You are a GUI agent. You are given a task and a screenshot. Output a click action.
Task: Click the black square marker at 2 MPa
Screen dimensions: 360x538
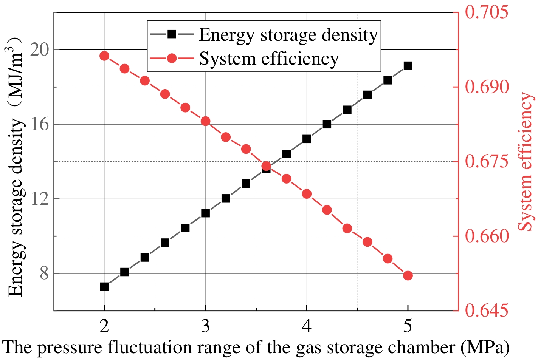(104, 287)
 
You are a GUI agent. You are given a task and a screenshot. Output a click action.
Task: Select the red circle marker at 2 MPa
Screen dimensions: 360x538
(104, 56)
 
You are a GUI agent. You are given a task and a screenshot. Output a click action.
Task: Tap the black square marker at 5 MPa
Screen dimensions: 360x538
(408, 66)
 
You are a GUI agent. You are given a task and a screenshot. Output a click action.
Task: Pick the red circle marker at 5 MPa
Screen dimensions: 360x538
(408, 276)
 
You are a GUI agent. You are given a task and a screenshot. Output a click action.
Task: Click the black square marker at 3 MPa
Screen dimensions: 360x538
(205, 213)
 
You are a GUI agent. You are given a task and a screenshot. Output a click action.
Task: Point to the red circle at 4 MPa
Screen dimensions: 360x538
(307, 194)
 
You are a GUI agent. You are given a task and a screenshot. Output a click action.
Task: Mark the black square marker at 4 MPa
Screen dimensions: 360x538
(307, 139)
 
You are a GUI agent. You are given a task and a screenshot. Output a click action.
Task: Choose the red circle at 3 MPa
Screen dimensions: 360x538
(205, 121)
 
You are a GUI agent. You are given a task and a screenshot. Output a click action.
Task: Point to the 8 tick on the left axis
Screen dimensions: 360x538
(44, 273)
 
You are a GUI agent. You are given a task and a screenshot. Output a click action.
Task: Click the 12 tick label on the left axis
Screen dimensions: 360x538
(39, 199)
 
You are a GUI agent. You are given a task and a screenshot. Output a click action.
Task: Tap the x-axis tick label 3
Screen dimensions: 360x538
(205, 326)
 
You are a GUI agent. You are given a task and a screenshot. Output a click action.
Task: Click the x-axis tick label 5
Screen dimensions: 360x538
(408, 326)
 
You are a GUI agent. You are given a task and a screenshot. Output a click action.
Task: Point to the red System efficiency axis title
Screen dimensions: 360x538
(526, 162)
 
